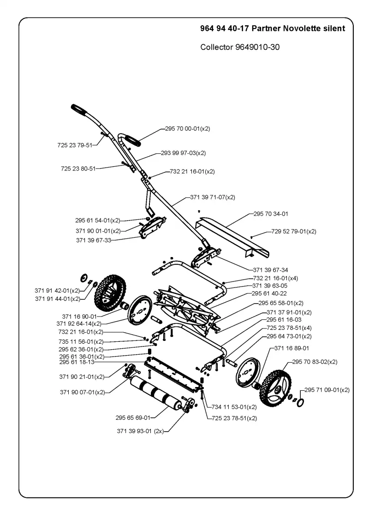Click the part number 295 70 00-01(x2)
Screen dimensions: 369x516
pyautogui.click(x=187, y=129)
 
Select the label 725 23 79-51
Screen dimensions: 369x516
pyautogui.click(x=75, y=145)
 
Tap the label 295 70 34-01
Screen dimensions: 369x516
pyautogui.click(x=271, y=214)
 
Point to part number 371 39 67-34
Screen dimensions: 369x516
pyautogui.click(x=270, y=270)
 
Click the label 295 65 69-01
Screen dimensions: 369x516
pyautogui.click(x=133, y=417)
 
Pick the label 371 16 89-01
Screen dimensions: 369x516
pyautogui.click(x=292, y=348)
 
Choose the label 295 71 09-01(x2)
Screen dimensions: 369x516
pyautogui.click(x=327, y=390)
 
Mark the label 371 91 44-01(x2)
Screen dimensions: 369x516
pyautogui.click(x=58, y=299)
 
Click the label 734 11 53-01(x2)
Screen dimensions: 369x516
pyautogui.click(x=234, y=407)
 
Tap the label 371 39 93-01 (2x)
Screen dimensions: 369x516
pyautogui.click(x=140, y=431)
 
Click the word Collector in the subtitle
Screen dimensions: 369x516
pyautogui.click(x=216, y=47)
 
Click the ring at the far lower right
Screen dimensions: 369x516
pyautogui.click(x=300, y=402)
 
